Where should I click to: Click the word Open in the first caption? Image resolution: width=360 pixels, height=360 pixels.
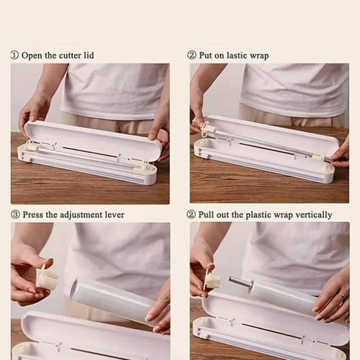(x=32, y=55)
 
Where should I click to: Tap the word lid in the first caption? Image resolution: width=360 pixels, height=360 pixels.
(x=89, y=55)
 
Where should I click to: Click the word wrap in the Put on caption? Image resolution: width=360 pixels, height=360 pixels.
(x=259, y=56)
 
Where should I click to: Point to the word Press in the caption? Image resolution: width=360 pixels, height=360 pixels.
(x=32, y=215)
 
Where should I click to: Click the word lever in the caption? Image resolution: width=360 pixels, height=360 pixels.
(x=114, y=215)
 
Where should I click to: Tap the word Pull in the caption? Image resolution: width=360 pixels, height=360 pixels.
(x=206, y=215)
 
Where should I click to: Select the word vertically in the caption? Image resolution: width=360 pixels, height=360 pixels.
(x=314, y=215)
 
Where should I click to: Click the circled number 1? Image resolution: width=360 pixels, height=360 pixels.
(x=14, y=55)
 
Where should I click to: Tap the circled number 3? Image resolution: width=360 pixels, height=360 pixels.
(x=15, y=215)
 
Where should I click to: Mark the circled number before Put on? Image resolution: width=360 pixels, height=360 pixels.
(x=192, y=55)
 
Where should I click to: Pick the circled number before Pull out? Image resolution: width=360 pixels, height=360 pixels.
(x=191, y=215)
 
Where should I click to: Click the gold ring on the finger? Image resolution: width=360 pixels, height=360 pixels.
(x=342, y=295)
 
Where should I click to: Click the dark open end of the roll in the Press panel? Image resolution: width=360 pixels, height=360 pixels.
(x=75, y=289)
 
